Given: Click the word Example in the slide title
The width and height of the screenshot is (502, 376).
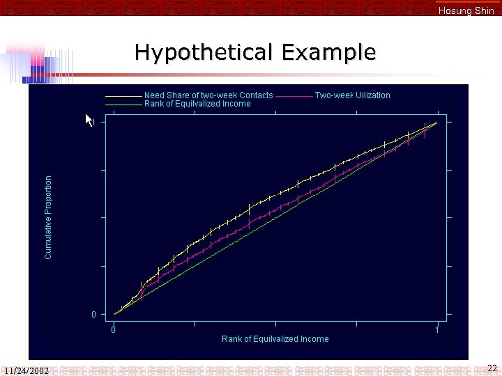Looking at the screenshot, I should (329, 53).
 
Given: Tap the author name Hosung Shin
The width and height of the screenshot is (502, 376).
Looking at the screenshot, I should (466, 10).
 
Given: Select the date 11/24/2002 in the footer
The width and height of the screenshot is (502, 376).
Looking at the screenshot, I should (26, 370).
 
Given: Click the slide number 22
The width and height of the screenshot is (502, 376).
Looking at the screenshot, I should (492, 367).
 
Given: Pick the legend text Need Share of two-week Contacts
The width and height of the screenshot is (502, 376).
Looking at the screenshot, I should (208, 95).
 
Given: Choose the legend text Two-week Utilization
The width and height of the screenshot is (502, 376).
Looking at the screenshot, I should (352, 95).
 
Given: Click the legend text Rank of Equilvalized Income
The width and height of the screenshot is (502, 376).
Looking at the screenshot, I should (197, 104).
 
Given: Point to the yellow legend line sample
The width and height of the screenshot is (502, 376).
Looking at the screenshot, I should (123, 96).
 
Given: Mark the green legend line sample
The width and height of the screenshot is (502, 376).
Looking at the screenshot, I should (123, 104).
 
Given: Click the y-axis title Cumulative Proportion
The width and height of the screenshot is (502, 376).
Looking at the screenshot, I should (48, 217).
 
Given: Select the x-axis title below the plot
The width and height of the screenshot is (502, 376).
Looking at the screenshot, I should (275, 339).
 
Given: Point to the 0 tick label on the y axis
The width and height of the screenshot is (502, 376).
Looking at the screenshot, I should (94, 315).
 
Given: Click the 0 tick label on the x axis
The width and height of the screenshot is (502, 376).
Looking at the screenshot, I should (114, 330).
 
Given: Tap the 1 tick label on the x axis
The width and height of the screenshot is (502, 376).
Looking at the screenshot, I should (436, 330).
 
